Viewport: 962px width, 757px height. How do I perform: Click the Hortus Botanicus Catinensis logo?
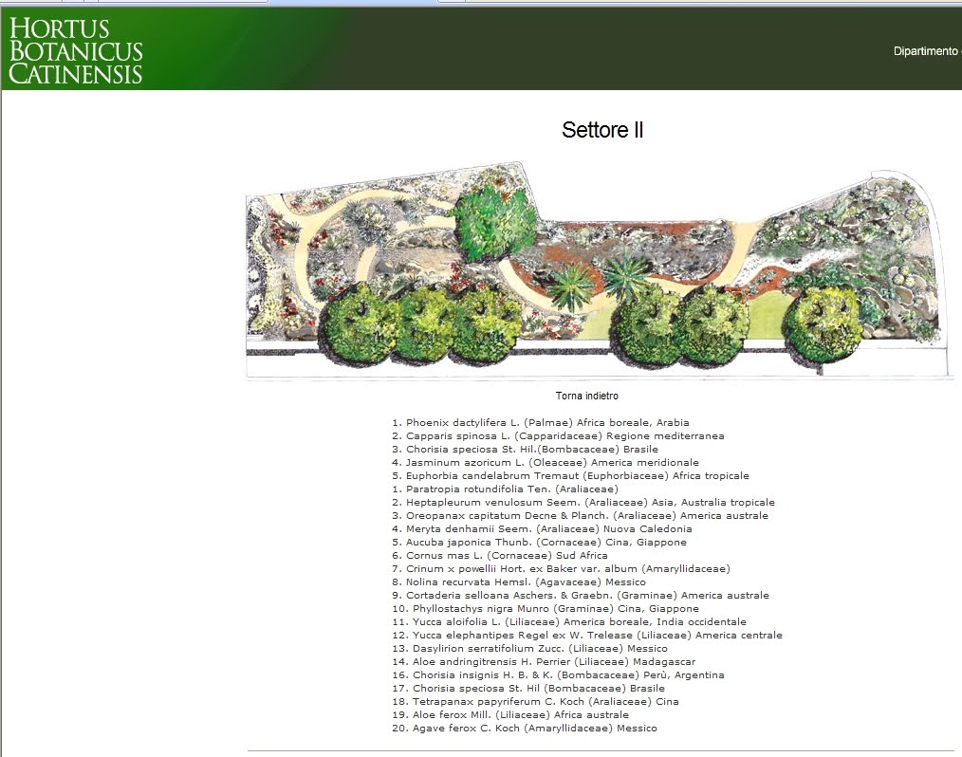[76, 51]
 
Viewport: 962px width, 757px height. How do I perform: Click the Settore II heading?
[602, 130]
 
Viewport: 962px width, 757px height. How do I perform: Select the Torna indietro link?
[587, 396]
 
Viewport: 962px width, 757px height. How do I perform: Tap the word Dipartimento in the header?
[925, 51]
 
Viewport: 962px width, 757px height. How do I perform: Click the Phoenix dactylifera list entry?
[541, 423]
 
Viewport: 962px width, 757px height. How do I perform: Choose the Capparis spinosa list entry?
[558, 436]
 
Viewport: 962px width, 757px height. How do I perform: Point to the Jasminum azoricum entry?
[546, 463]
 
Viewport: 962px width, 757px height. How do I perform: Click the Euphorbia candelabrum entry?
[570, 476]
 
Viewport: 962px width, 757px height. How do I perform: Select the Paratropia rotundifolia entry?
[505, 489]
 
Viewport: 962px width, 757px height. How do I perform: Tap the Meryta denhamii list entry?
[542, 528]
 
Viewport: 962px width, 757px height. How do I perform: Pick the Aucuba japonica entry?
[539, 543]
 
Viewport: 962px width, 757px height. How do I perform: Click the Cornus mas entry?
[499, 556]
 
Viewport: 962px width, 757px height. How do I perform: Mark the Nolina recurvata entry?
[519, 582]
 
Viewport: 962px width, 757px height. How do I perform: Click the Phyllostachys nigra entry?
[546, 609]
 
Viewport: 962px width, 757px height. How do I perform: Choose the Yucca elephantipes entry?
[587, 636]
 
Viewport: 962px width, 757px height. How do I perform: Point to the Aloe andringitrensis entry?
[544, 662]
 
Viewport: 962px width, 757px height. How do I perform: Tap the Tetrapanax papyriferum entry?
[536, 702]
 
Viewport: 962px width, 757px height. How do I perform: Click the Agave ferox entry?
[525, 729]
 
